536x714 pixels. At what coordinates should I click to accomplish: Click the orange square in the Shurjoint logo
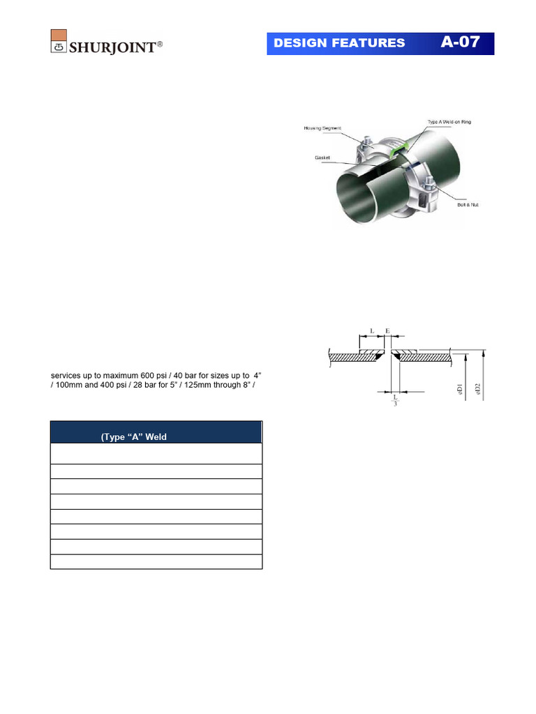pos(59,36)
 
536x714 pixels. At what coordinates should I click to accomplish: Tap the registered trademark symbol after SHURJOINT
pos(161,44)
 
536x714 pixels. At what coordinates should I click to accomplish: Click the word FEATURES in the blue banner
pos(369,43)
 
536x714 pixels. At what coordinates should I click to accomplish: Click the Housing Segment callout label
pos(323,128)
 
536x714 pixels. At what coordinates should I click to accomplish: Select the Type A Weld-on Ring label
pos(449,122)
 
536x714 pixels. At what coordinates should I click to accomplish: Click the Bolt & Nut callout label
pos(468,204)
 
